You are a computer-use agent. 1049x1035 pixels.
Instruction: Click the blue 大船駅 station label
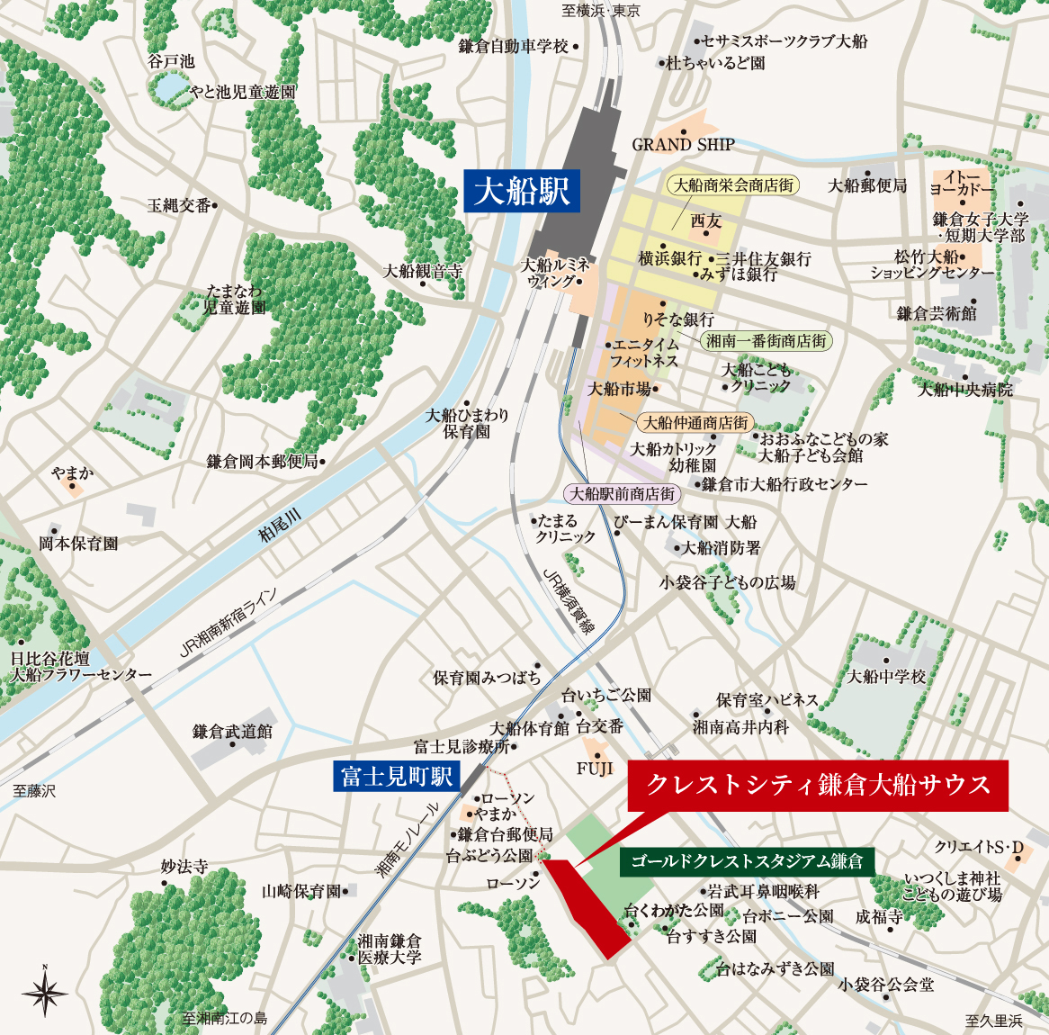[x=522, y=191]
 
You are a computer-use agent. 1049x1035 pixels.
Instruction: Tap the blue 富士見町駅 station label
[x=396, y=776]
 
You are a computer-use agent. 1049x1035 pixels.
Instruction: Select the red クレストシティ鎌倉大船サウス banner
[x=818, y=785]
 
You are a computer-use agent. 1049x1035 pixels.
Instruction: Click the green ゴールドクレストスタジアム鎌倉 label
[x=747, y=861]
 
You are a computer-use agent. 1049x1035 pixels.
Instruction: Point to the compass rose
[x=45, y=993]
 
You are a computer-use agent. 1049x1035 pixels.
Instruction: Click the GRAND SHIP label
[x=683, y=144]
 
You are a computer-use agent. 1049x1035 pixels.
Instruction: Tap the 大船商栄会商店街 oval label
[x=734, y=185]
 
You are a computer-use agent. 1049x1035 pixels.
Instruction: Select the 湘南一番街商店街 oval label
[x=766, y=341]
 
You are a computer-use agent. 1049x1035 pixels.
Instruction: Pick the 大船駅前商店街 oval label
[x=623, y=493]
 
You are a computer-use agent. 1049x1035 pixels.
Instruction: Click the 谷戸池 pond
[x=167, y=87]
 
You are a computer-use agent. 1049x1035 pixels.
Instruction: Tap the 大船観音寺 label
[x=423, y=271]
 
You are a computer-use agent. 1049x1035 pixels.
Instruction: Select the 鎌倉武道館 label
[x=232, y=732]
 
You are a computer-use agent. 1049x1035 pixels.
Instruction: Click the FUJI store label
[x=595, y=768]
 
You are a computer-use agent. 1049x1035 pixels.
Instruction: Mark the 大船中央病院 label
[x=965, y=390]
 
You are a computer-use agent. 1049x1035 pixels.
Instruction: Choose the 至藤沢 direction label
[x=34, y=791]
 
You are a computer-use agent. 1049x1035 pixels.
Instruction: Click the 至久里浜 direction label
[x=994, y=1021]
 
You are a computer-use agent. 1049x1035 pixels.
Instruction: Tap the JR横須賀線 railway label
[x=569, y=602]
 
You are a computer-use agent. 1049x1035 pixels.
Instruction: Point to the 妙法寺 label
[x=184, y=867]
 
